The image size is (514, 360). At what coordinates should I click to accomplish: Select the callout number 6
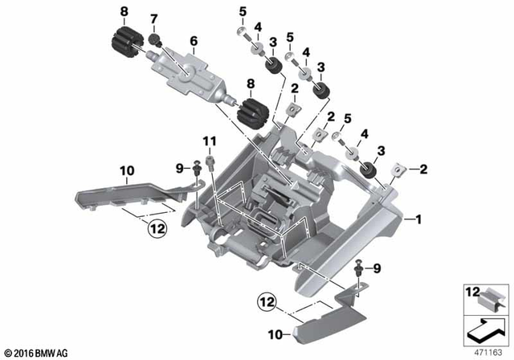pyautogui.click(x=193, y=40)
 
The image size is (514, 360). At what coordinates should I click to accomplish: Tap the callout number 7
pyautogui.click(x=155, y=17)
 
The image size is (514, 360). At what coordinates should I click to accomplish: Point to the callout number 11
pyautogui.click(x=209, y=142)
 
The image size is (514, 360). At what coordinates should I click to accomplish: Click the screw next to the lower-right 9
pyautogui.click(x=358, y=268)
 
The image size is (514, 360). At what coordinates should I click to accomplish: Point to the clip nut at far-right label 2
pyautogui.click(x=400, y=170)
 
